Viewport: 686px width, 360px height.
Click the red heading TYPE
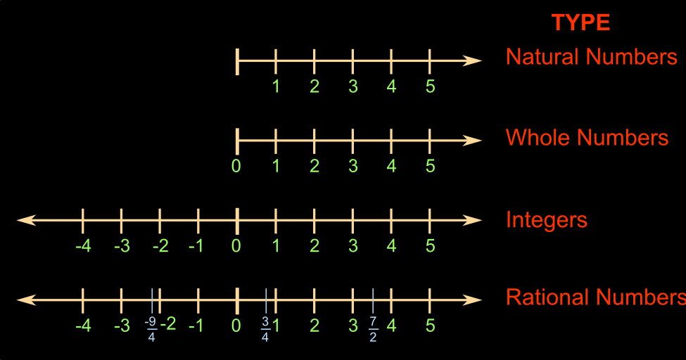[x=580, y=23]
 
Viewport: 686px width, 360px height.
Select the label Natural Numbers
[x=591, y=57]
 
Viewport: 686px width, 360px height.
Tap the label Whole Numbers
[x=587, y=137]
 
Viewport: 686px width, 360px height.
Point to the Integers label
[x=546, y=220]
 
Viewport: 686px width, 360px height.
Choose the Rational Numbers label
[x=595, y=297]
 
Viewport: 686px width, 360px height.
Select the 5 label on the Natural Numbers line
[x=430, y=86]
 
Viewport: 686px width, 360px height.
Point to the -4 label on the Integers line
[x=82, y=247]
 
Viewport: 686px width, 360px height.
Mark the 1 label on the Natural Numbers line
[x=276, y=86]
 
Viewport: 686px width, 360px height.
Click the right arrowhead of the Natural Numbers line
[x=474, y=60]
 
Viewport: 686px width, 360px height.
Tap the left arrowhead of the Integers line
[x=25, y=220]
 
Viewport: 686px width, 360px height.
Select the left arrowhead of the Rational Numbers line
[x=25, y=300]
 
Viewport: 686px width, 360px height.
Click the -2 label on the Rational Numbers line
[x=167, y=325]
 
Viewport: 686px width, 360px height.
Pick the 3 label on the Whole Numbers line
[x=353, y=167]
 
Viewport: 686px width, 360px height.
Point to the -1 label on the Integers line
[x=198, y=247]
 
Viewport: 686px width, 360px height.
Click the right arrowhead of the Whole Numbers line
[x=474, y=141]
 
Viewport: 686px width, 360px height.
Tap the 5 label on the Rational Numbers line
[x=430, y=326]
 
